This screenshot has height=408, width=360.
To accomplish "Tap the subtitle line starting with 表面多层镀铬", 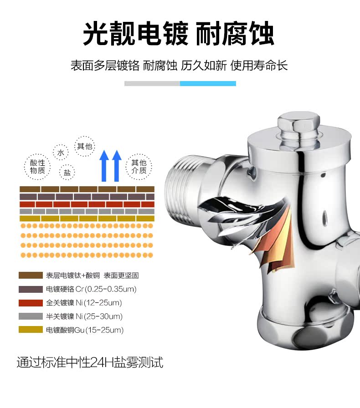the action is [x=180, y=66].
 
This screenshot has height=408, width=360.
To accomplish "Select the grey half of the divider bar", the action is [x=152, y=83].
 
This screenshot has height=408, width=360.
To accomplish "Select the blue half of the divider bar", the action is [x=208, y=83].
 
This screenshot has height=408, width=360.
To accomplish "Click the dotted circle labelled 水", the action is [x=60, y=152].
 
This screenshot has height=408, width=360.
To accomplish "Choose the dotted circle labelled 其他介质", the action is [x=139, y=167].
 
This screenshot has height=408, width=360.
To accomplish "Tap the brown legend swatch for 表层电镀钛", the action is [x=28, y=275].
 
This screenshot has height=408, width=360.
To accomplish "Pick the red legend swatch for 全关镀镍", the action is [x=28, y=303].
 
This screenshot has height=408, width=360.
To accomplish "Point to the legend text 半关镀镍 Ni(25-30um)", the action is [x=84, y=316].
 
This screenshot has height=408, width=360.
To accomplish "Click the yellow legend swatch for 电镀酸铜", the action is [x=28, y=330].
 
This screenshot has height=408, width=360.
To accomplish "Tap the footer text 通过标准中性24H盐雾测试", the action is [x=90, y=362].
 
